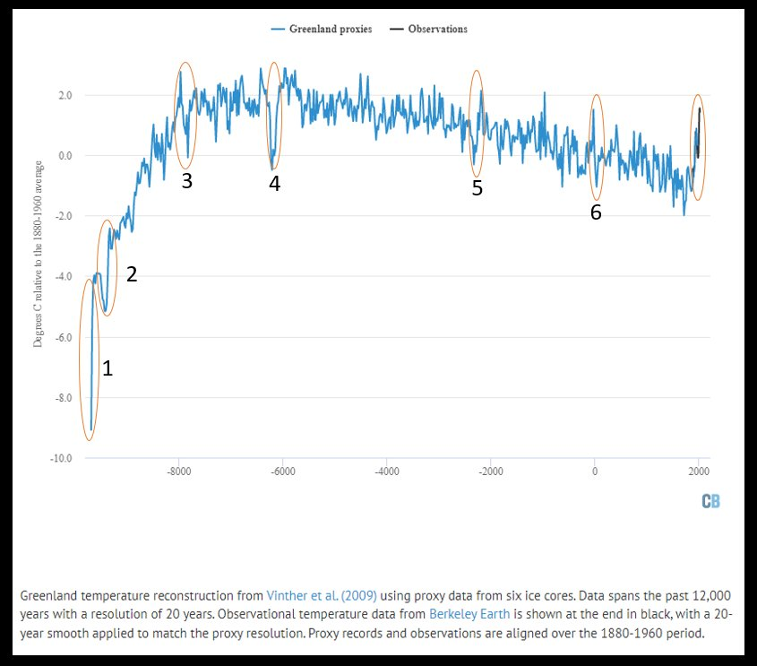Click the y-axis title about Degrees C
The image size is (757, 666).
[39, 254]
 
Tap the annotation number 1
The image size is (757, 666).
[107, 368]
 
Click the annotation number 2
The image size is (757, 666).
[131, 274]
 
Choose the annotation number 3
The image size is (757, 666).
[186, 180]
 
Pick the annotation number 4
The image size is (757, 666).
[274, 184]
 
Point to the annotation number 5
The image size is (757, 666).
[477, 188]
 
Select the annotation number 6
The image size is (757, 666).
[596, 212]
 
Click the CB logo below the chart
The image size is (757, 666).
[710, 501]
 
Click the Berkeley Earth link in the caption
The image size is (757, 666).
[464, 614]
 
